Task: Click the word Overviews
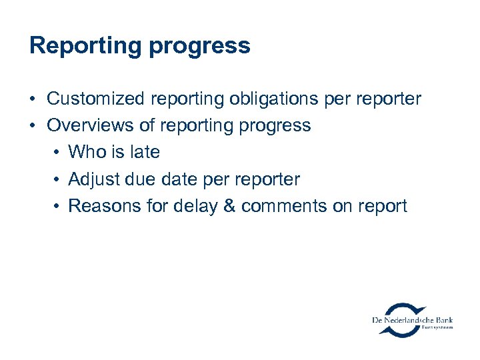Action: [91, 126]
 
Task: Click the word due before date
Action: [136, 179]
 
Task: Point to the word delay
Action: [195, 206]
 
